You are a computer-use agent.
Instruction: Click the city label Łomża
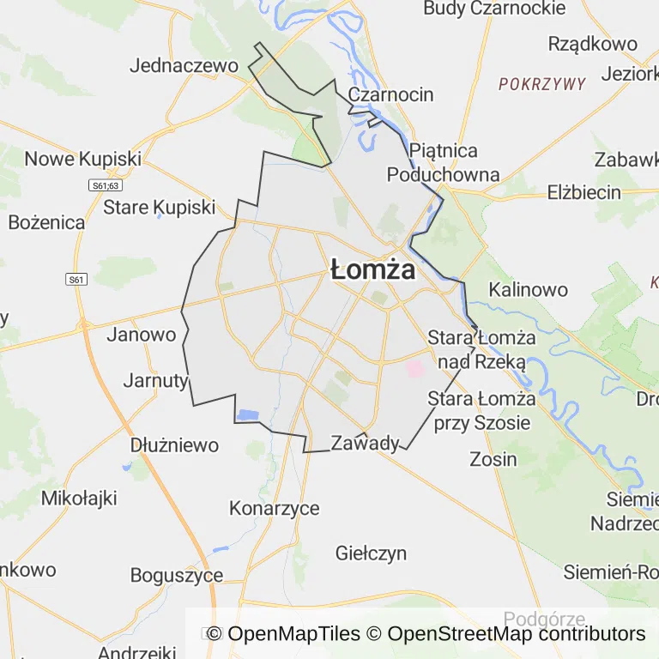coord(372,270)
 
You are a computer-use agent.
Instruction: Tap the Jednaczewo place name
coord(184,65)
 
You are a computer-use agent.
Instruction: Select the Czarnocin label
coord(390,94)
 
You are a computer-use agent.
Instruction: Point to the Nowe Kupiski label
coord(82,159)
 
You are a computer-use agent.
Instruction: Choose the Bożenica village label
coord(47,222)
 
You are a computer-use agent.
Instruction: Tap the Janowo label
coord(141,335)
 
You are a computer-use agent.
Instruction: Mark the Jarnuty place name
coord(155,380)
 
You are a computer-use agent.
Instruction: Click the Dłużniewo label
coord(174,445)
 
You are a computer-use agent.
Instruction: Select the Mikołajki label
coord(79,498)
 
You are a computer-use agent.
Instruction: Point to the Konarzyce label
coord(274,508)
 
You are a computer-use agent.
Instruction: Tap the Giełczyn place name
coord(372,553)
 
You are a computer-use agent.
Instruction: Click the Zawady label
coord(366,443)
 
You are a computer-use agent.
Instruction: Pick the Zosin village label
coord(493,459)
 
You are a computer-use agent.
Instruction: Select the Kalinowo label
coord(528,289)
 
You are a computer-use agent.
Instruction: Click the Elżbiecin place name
coord(583,192)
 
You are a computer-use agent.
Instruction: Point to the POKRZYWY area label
coord(542,84)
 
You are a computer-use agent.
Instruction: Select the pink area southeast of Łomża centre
coord(415,369)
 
